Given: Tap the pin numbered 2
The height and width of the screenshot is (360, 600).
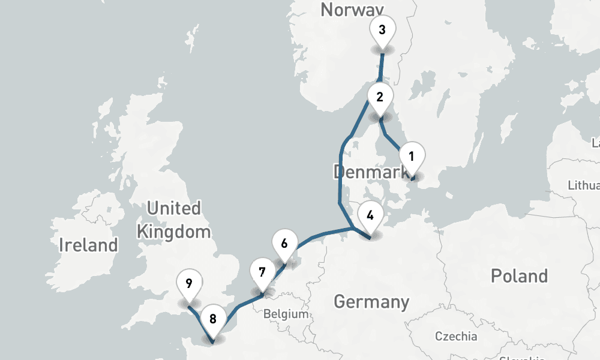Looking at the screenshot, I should tap(379, 97).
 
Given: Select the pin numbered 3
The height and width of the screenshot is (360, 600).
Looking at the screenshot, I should tap(382, 29).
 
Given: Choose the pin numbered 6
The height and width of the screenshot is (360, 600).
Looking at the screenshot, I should tap(284, 244).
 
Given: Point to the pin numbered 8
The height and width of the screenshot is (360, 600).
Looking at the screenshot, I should tap(213, 319).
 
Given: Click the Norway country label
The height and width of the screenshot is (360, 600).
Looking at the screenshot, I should tap(352, 10).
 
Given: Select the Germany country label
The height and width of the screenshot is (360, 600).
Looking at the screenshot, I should tap(371, 301).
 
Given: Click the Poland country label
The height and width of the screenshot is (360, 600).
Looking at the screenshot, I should tap(519, 276).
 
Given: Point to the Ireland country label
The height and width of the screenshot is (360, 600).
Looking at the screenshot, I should tap(89, 245).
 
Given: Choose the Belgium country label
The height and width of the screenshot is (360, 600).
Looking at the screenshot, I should tap(286, 314).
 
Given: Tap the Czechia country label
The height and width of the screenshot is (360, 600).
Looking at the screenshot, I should tap(456, 336).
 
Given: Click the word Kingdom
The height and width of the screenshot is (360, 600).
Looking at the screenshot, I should tap(174, 232).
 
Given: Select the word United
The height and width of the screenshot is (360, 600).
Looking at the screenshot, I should tap(174, 209).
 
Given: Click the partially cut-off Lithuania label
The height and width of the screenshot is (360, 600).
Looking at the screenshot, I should tap(584, 185).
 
